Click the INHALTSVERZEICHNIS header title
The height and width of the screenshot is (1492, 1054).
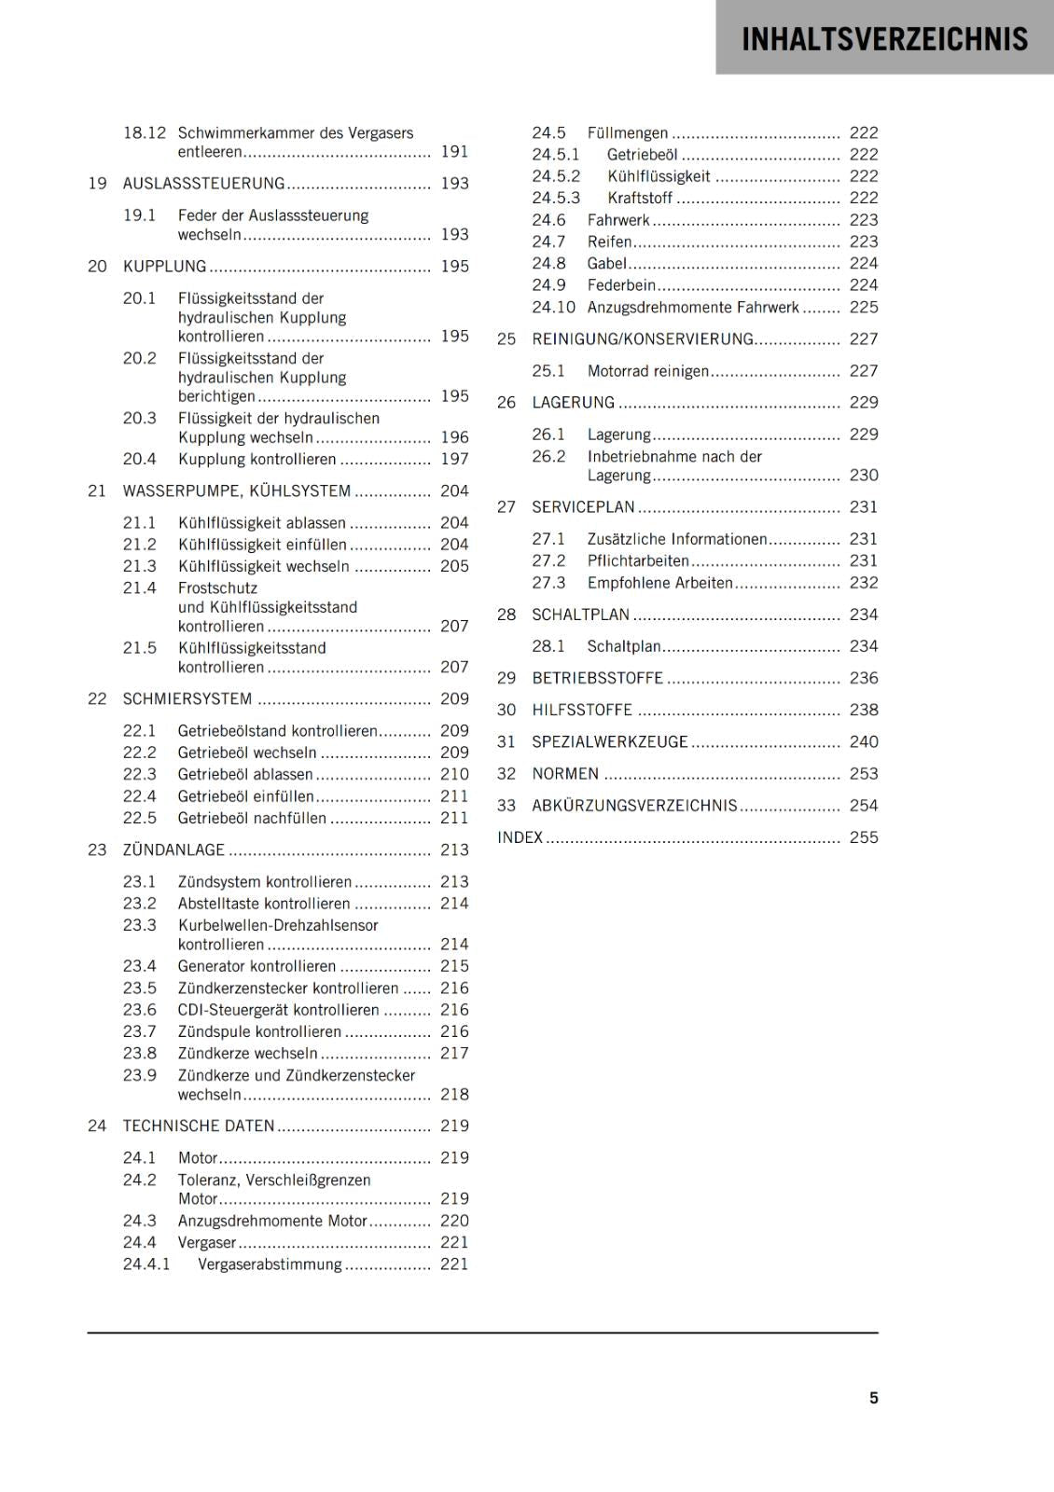[x=884, y=39]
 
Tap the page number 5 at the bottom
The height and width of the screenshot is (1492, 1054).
[x=873, y=1398]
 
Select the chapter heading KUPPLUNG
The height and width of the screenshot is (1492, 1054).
[x=164, y=267]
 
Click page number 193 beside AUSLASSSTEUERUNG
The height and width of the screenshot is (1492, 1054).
[x=454, y=184]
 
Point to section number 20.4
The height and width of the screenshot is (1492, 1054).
[x=140, y=459]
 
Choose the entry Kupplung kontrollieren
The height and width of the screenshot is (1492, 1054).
[x=257, y=459]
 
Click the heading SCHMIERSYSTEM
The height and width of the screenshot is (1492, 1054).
[x=187, y=699]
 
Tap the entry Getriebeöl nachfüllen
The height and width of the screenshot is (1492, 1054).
[x=252, y=818]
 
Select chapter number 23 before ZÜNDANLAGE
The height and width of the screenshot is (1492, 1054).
[x=97, y=850]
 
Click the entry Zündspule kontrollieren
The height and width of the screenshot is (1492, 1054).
[x=259, y=1031]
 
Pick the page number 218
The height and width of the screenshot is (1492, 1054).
[x=454, y=1095]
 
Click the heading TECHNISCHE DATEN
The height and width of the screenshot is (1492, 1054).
[x=199, y=1126]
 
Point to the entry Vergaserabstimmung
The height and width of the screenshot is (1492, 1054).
[x=270, y=1264]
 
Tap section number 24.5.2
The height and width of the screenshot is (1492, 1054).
[x=556, y=176]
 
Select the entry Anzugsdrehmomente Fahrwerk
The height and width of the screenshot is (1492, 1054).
[x=693, y=308]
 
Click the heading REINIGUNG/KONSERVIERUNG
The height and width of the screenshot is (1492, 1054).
[x=643, y=339]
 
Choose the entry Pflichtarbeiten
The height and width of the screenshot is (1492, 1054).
[x=638, y=561]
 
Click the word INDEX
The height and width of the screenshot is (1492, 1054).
[x=520, y=837]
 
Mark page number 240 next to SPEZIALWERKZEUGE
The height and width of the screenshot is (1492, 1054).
[x=864, y=742]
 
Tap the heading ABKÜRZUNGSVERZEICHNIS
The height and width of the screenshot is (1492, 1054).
[x=634, y=806]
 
